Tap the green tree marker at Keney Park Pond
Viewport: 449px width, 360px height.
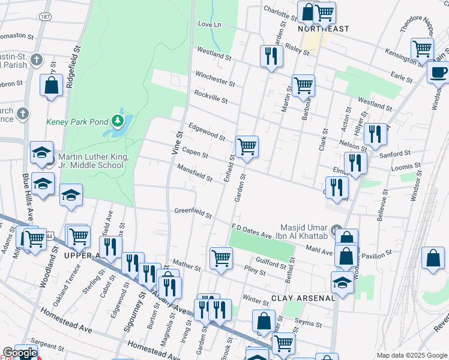point(118,122)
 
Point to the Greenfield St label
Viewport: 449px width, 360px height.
point(193,212)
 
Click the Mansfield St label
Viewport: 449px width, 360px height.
point(194,174)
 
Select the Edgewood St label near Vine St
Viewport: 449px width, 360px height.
point(206,132)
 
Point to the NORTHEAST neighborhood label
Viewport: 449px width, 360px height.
point(324,29)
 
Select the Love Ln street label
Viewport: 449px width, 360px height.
point(209,25)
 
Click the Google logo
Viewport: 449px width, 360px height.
point(20,353)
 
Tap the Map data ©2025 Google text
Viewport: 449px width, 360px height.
point(412,355)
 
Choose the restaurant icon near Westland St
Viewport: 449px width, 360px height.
point(271,56)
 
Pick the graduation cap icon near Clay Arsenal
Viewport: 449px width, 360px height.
point(342,282)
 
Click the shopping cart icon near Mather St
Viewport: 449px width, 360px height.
point(221,258)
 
